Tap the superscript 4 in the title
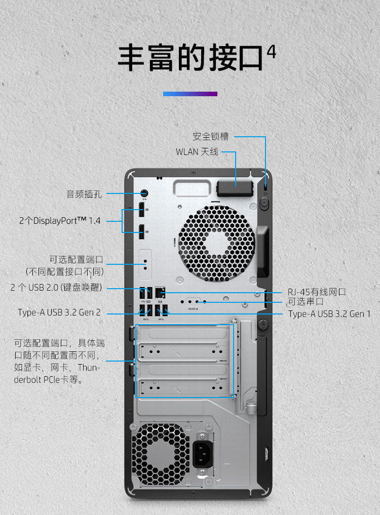click(x=271, y=53)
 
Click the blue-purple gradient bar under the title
click(x=190, y=94)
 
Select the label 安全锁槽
click(x=210, y=136)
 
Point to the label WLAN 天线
click(x=197, y=151)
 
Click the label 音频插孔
click(x=84, y=193)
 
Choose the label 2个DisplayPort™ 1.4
click(x=60, y=221)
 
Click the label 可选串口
click(x=306, y=302)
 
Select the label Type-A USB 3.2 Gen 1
click(x=329, y=314)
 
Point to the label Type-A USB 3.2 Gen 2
click(x=59, y=312)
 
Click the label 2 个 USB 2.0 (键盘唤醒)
click(x=56, y=288)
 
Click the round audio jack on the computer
click(x=144, y=193)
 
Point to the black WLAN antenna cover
click(x=235, y=188)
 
